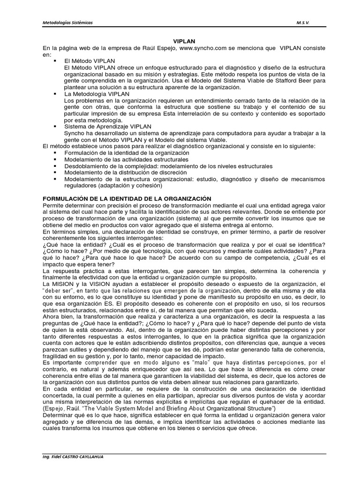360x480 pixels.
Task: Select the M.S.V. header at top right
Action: click(303, 23)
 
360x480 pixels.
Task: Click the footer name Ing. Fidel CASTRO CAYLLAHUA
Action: click(73, 457)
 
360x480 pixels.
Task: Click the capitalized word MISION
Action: click(64, 284)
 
